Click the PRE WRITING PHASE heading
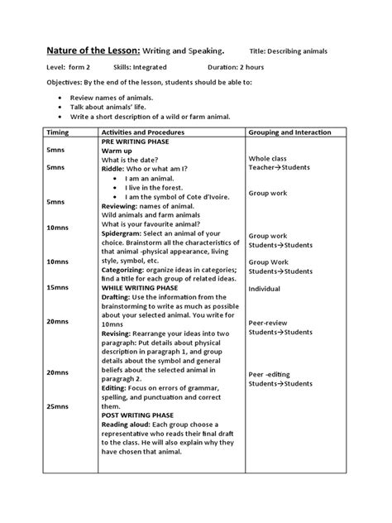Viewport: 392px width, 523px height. (x=137, y=142)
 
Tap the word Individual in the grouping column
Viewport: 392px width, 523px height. (x=265, y=290)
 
